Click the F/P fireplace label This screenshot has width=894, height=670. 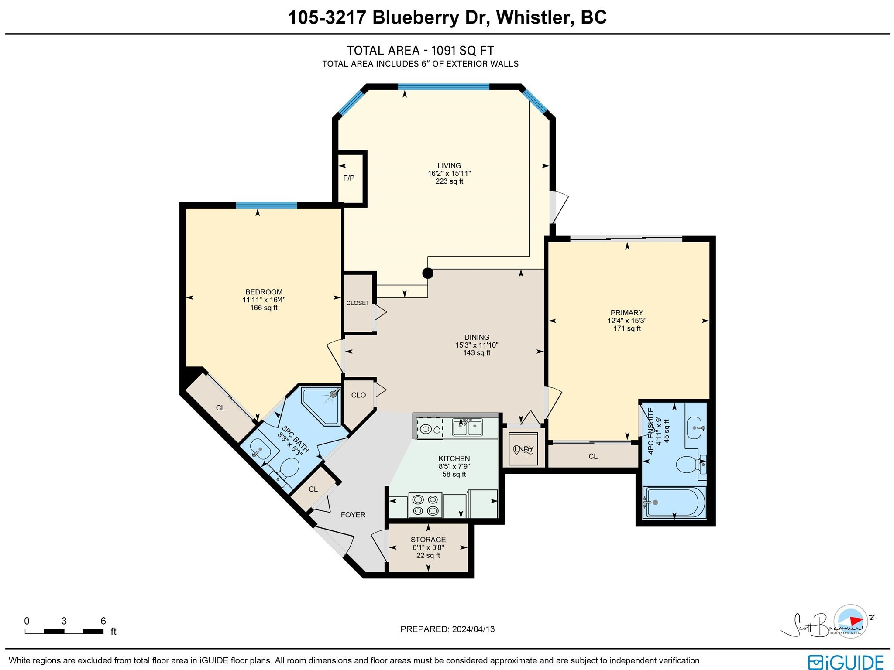click(349, 178)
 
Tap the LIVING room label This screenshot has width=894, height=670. click(449, 165)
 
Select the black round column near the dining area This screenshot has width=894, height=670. click(428, 273)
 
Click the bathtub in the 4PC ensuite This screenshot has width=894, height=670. click(674, 502)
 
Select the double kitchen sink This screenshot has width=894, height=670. click(467, 427)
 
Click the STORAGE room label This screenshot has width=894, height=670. click(428, 540)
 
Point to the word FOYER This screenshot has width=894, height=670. click(353, 515)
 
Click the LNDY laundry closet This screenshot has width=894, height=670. click(523, 449)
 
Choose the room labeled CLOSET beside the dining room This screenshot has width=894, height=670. click(358, 303)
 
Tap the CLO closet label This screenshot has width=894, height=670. click(358, 395)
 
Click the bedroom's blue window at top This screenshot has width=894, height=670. click(266, 205)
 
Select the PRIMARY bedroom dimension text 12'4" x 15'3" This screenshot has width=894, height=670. click(627, 321)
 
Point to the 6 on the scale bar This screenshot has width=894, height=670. click(103, 621)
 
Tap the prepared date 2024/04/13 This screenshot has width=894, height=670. click(473, 629)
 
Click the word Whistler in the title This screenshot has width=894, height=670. click(535, 17)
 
